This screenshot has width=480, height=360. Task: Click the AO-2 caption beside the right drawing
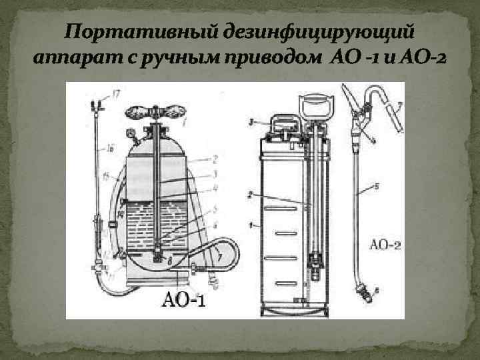click(385, 245)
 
